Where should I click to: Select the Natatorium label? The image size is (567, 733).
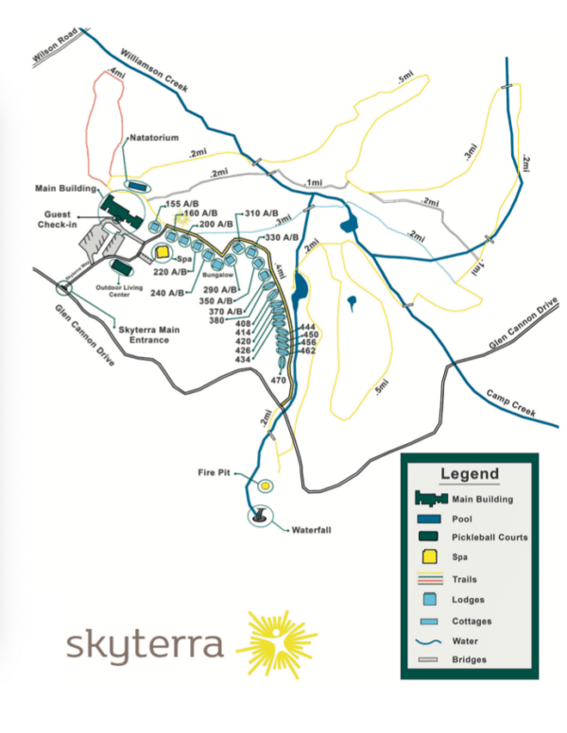pos(153,137)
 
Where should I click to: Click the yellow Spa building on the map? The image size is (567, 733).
pos(163,253)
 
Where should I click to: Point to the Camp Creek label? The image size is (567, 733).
pos(510,403)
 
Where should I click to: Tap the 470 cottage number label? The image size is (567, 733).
pos(278,380)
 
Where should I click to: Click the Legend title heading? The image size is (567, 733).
pos(469,474)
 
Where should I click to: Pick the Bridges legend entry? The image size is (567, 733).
pos(470,659)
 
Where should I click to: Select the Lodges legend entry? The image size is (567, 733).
pos(469,598)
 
